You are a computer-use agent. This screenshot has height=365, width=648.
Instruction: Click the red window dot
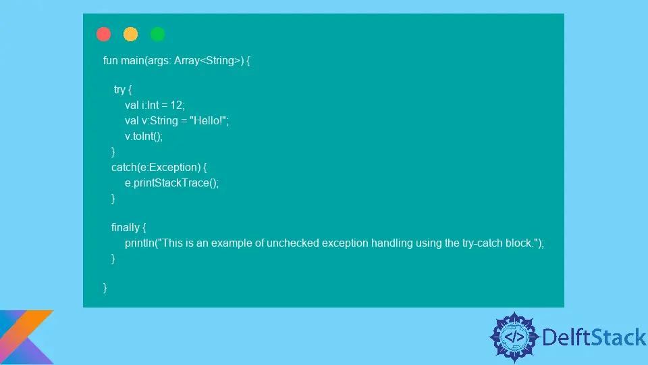(104, 34)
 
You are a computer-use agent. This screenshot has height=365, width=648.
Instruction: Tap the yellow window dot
(130, 34)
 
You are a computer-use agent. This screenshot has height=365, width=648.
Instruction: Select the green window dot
(157, 34)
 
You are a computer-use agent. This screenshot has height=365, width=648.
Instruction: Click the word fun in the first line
(110, 60)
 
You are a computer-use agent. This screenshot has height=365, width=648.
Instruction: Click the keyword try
(119, 90)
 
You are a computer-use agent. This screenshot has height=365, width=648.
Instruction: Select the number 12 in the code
(176, 105)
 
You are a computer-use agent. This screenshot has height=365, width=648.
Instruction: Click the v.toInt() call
(143, 136)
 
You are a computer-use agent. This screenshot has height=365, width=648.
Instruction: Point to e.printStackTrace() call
(171, 183)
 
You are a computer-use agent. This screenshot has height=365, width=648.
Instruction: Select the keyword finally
(125, 227)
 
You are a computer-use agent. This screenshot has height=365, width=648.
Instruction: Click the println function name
(139, 243)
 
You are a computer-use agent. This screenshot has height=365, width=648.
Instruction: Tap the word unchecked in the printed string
(292, 243)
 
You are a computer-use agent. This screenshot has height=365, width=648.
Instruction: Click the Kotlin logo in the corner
(25, 337)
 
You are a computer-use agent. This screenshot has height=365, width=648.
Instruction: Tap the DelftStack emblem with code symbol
(514, 337)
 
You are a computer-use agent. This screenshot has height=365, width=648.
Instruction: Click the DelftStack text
(594, 337)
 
